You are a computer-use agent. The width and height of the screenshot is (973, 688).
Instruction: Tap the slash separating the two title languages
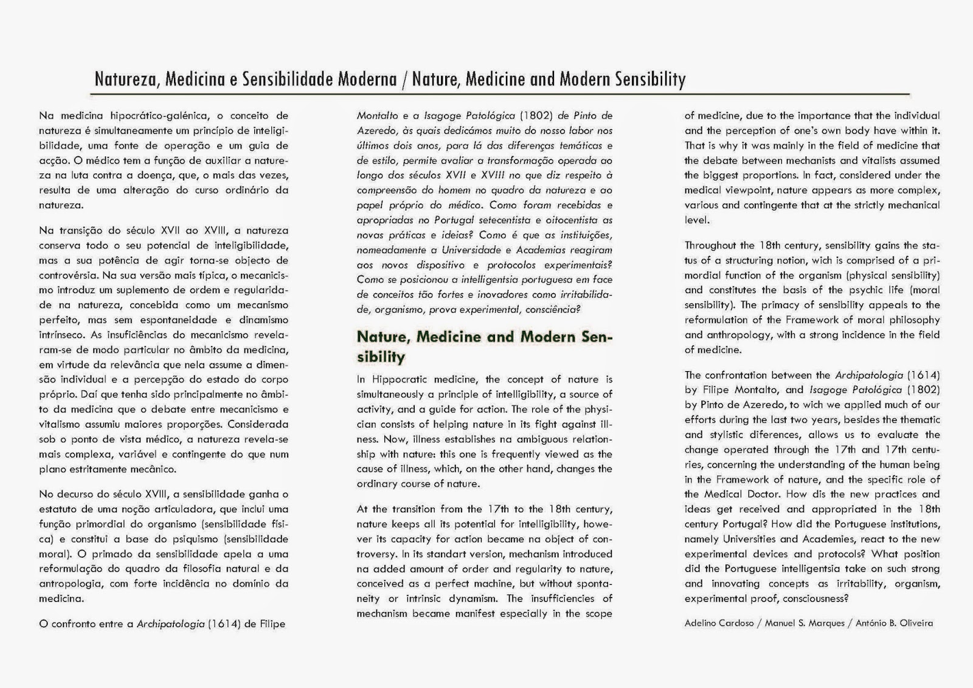(404, 80)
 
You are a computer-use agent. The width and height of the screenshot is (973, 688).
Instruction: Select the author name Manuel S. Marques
(805, 623)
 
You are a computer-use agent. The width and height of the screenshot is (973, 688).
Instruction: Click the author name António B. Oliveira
(894, 623)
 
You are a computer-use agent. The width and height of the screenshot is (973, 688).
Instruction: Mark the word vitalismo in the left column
(64, 425)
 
